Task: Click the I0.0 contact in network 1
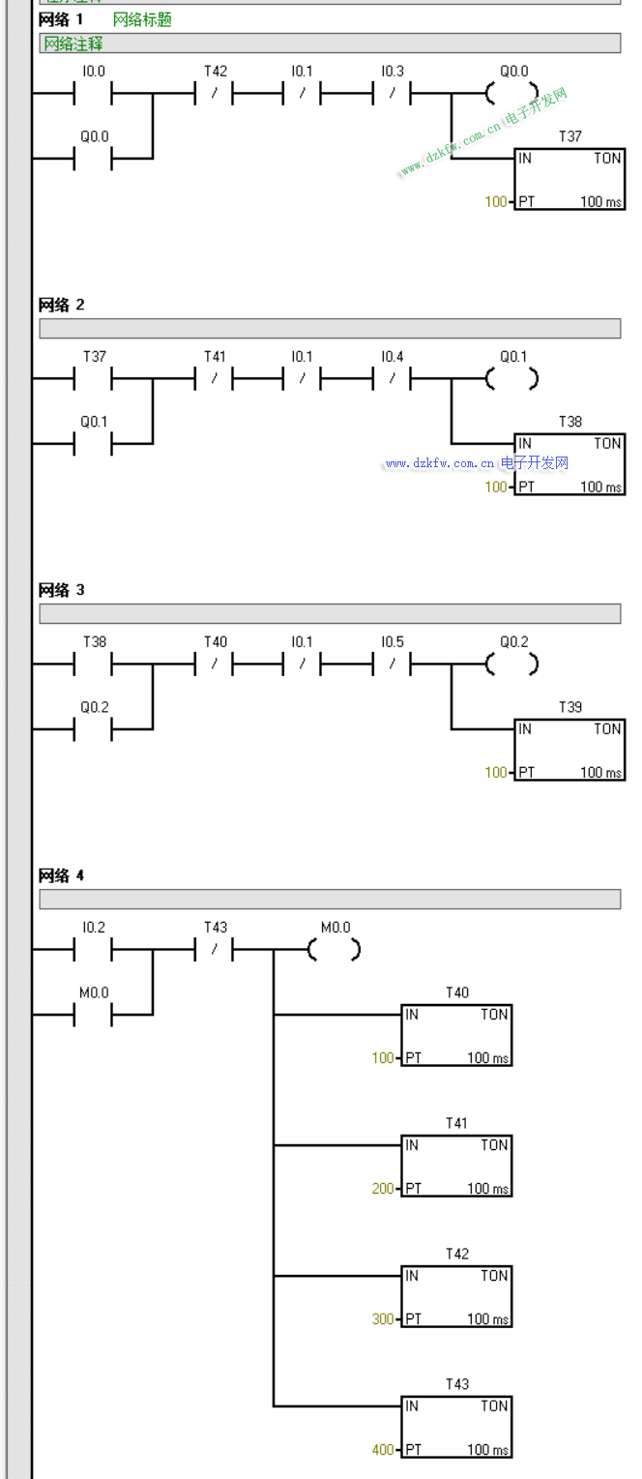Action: click(x=94, y=94)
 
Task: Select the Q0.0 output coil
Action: click(x=512, y=94)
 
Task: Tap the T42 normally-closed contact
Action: click(x=215, y=94)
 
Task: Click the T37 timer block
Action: click(x=569, y=178)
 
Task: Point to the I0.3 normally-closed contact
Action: click(x=393, y=94)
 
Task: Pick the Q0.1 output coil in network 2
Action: click(x=512, y=379)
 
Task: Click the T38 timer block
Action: click(x=569, y=463)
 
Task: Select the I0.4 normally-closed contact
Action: click(x=393, y=379)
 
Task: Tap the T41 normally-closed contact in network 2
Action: click(x=215, y=379)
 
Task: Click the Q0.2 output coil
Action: click(x=512, y=665)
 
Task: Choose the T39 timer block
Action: click(x=569, y=749)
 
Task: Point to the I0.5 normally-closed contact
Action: click(x=393, y=665)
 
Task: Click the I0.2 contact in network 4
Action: click(x=94, y=950)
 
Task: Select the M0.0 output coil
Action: click(x=335, y=950)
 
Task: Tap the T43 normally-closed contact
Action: click(x=215, y=950)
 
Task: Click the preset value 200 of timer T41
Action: click(x=383, y=1189)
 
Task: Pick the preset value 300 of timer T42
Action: click(x=383, y=1319)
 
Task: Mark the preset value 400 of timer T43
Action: click(x=383, y=1450)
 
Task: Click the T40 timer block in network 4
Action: click(x=456, y=1035)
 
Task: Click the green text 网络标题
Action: click(x=142, y=19)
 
